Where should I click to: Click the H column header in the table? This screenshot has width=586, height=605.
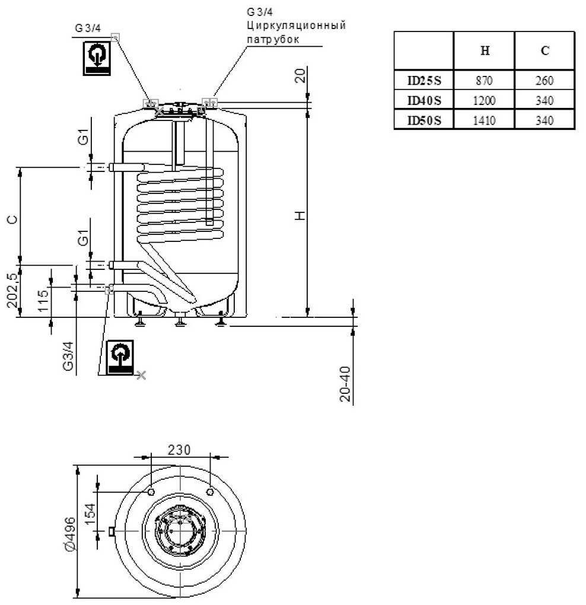[485, 51]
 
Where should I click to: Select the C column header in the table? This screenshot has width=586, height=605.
[544, 51]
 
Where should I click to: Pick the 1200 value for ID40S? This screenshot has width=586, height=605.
[484, 100]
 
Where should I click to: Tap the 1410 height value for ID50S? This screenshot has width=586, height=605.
[484, 120]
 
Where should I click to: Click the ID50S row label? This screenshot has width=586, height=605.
[424, 120]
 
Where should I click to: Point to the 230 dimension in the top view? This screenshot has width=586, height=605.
[179, 450]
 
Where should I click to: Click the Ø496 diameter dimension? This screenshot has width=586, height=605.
[69, 533]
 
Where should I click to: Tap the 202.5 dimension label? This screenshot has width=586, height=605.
[12, 291]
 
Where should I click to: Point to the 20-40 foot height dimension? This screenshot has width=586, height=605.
[345, 384]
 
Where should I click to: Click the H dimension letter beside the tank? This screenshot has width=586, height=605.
[301, 215]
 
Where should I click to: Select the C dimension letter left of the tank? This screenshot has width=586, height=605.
[12, 219]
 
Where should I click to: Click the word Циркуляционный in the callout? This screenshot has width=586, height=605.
[295, 26]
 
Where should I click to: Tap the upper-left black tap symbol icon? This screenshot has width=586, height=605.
[95, 58]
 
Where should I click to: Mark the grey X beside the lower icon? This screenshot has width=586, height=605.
[141, 374]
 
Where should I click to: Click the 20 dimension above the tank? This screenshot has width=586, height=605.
[301, 75]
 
